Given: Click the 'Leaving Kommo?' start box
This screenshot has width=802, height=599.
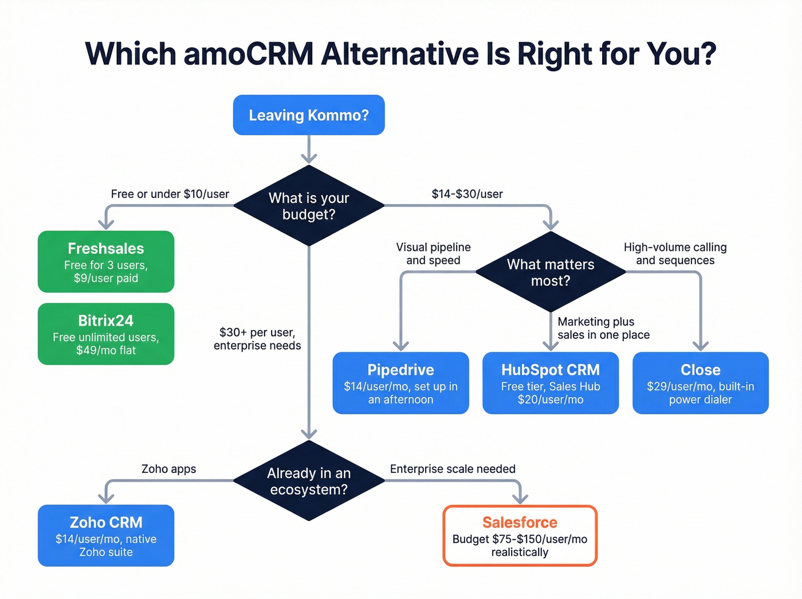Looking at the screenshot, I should click(x=309, y=115).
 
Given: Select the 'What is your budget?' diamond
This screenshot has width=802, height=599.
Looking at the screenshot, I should click(x=309, y=206).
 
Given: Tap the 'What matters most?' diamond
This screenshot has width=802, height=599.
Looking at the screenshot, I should click(x=551, y=272).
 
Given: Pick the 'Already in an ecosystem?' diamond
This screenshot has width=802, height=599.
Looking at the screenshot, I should click(x=309, y=481).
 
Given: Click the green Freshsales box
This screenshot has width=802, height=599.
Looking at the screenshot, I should click(x=106, y=262).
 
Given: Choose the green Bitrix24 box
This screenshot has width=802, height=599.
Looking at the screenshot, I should click(x=106, y=334).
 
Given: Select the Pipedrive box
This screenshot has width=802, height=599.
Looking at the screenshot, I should click(x=400, y=383).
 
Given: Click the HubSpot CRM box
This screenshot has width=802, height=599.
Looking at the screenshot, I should click(x=551, y=383).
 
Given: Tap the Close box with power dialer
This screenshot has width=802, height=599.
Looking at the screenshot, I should click(x=700, y=383).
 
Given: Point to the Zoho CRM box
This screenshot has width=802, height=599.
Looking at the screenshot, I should click(x=106, y=536).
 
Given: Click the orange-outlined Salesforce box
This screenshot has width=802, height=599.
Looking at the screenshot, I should click(x=520, y=536).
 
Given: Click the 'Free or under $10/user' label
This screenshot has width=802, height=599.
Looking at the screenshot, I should click(x=170, y=194).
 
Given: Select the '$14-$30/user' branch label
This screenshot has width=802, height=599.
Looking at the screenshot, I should click(x=467, y=194).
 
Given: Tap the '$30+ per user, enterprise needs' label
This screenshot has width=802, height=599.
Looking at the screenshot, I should click(x=257, y=339).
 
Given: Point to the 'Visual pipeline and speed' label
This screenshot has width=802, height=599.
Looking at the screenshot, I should click(x=433, y=254).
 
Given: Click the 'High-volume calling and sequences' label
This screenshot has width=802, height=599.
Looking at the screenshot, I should click(x=675, y=254).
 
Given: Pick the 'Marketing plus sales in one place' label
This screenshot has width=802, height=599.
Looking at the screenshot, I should click(x=603, y=328).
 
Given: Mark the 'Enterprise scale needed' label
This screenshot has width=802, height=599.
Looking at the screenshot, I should click(x=453, y=469).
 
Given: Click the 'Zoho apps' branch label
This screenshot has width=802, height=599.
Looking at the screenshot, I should click(x=168, y=469).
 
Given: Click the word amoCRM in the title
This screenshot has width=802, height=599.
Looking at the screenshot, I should click(x=249, y=54).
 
